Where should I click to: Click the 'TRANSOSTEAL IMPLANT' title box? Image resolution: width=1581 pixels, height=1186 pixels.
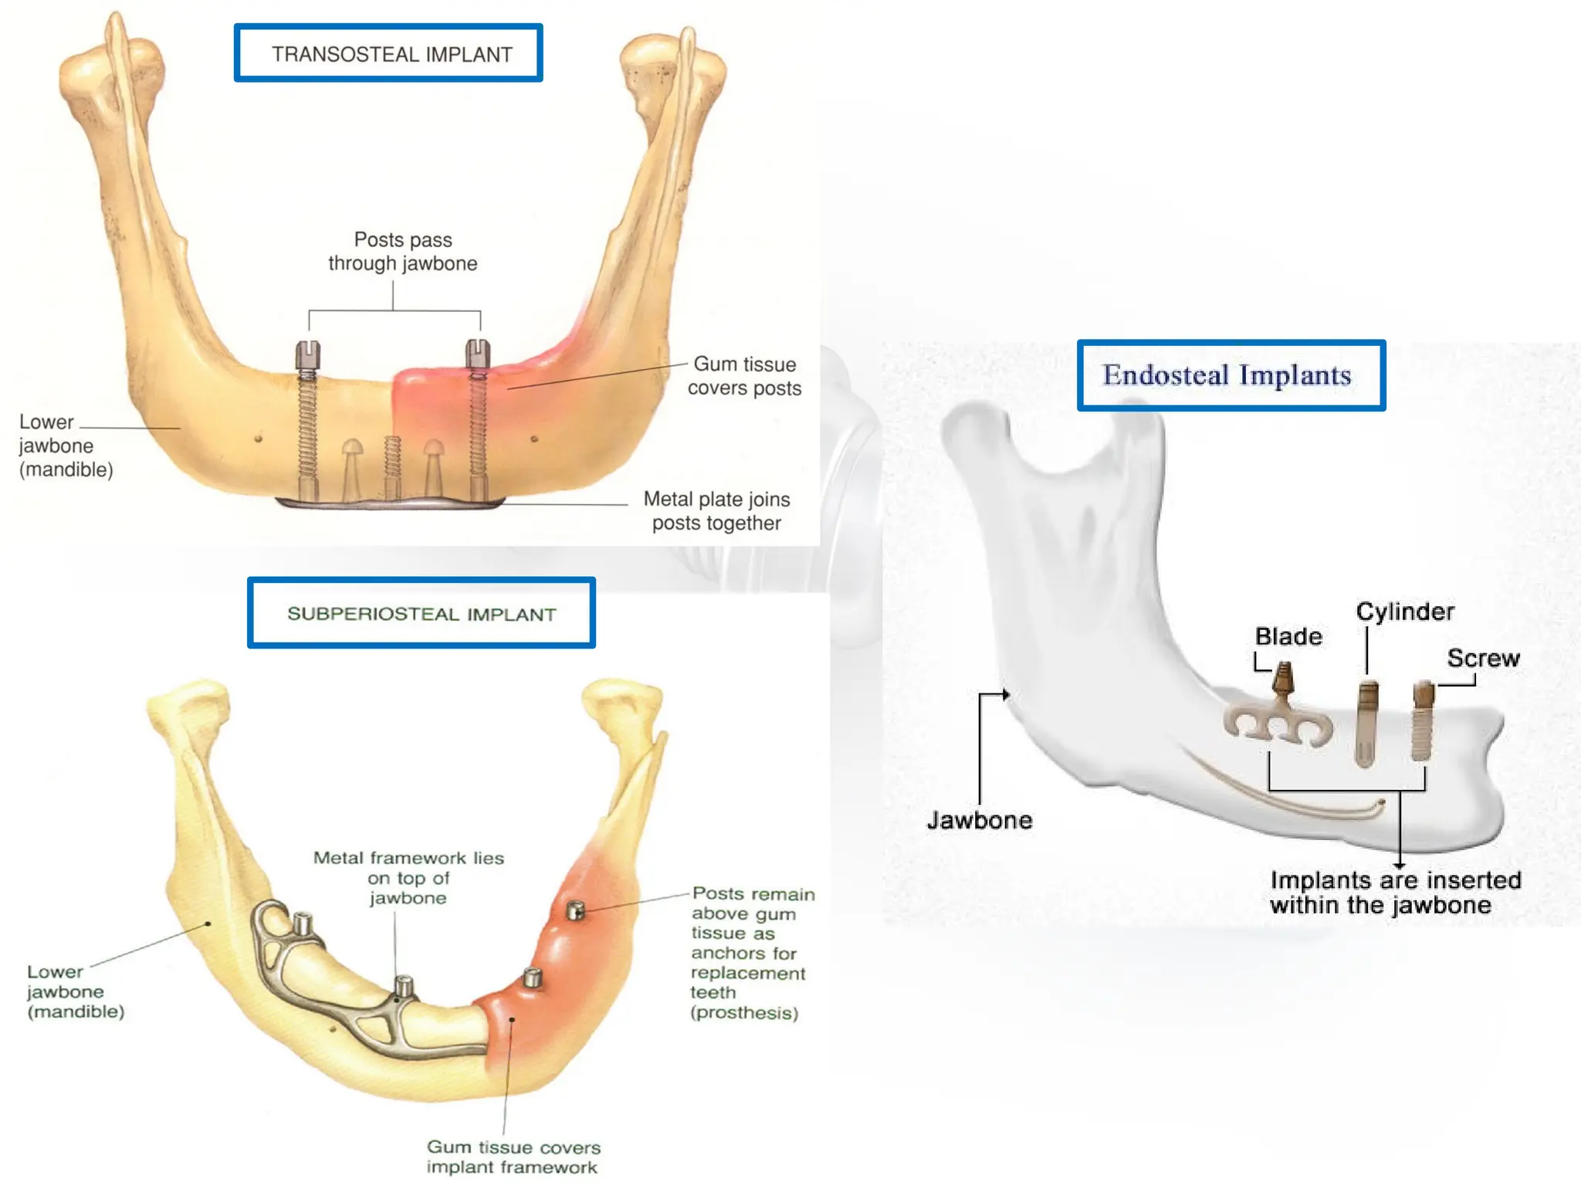pos(388,53)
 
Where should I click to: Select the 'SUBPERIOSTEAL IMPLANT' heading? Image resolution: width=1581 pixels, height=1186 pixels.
pos(421,613)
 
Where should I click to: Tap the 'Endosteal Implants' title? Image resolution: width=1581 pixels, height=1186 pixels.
pos(1231,375)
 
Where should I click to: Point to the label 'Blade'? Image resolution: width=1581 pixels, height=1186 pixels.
pos(1288,636)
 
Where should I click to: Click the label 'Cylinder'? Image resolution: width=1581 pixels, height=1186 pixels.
pos(1405,612)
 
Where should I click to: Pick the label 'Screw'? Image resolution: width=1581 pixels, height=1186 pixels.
pos(1483,658)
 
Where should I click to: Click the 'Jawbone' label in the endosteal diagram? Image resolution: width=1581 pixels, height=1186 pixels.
pos(980,819)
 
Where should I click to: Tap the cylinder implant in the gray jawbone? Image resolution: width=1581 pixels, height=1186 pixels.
pos(1366,723)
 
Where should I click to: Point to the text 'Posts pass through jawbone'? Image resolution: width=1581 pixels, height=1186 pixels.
pos(402,252)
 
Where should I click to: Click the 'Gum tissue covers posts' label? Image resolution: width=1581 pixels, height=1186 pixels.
pos(744,376)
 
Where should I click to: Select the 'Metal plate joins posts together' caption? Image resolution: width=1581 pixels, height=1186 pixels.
pos(716,511)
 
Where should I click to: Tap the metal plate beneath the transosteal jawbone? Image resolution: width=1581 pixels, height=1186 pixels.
pos(390,503)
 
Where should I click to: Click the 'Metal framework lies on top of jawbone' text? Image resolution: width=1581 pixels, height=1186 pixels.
pos(408,878)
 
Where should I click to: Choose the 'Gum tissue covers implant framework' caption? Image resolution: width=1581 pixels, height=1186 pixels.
pos(513,1157)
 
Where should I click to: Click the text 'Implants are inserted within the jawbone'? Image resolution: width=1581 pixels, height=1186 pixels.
pos(1395,893)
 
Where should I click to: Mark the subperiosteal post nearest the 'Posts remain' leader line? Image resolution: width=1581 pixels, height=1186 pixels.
pos(575,911)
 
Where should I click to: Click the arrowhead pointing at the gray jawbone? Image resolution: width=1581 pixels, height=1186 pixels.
pos(1005,695)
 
